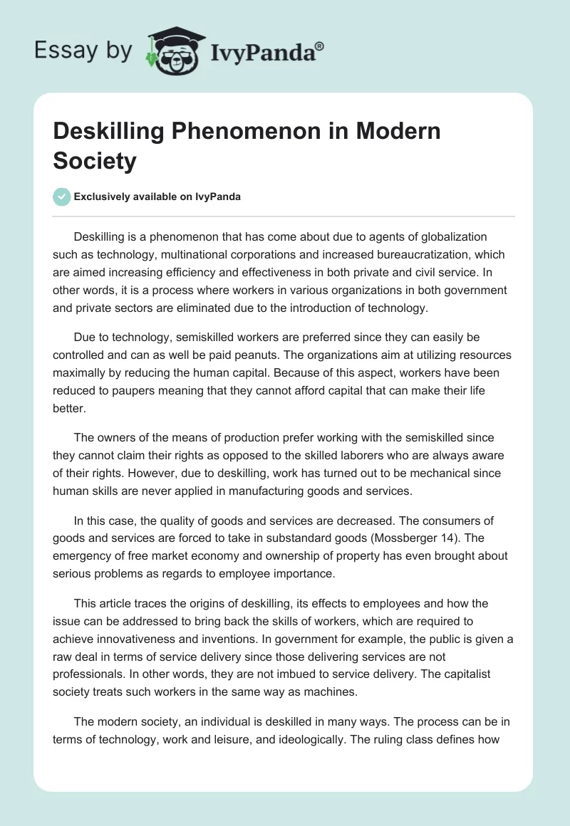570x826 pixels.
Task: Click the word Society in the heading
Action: (x=95, y=161)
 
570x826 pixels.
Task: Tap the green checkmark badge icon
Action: (x=62, y=197)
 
